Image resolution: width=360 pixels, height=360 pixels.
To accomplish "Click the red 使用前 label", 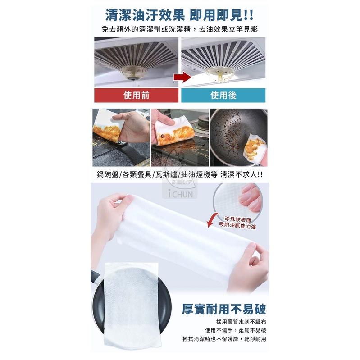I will (136, 96).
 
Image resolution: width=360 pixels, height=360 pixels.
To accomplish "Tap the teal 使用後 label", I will (223, 96).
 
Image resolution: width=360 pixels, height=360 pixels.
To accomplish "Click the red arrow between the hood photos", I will (181, 77).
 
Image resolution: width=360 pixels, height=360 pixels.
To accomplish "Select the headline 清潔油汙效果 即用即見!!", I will (179, 14).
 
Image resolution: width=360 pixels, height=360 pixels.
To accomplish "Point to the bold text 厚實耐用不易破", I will (224, 310).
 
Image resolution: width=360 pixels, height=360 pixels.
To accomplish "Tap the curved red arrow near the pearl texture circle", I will (211, 220).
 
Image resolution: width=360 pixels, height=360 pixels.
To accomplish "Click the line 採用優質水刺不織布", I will (242, 322).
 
